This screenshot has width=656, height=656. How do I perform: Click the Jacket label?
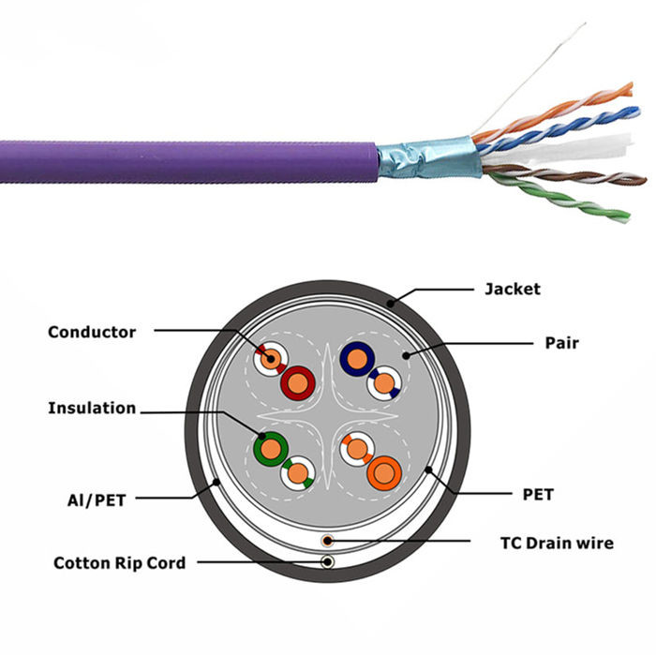[x=513, y=289]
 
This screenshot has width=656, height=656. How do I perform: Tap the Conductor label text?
[x=92, y=332]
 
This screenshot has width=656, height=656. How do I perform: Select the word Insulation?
[x=92, y=408]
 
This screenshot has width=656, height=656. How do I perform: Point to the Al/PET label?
[x=97, y=499]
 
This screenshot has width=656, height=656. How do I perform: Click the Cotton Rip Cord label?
[x=120, y=562]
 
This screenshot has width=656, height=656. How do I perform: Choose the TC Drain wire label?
[x=557, y=543]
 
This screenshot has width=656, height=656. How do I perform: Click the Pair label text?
[x=562, y=343]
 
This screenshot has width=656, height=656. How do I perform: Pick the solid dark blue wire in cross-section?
[x=357, y=359]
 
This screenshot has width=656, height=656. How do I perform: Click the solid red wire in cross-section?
[x=297, y=383]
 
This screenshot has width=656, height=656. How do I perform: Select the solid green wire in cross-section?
[x=271, y=449]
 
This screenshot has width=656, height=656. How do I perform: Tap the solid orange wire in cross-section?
[x=384, y=473]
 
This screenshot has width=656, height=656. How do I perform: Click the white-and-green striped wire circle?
[x=298, y=473]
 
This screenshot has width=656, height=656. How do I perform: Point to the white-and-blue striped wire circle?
[x=384, y=382]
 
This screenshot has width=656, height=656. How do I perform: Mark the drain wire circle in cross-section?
[x=328, y=541]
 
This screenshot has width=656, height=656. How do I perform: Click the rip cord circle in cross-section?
[x=328, y=562]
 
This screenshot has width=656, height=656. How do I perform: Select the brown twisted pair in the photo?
[x=565, y=175]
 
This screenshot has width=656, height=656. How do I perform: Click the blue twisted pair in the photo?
[x=559, y=129]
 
